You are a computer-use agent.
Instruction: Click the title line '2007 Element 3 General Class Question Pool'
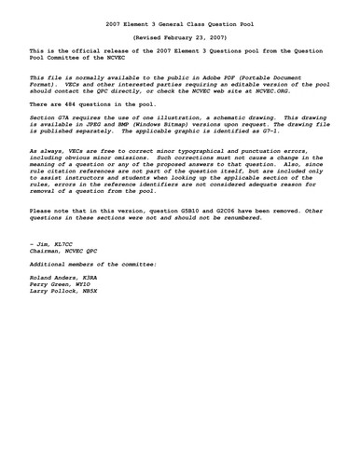point(179,21)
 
